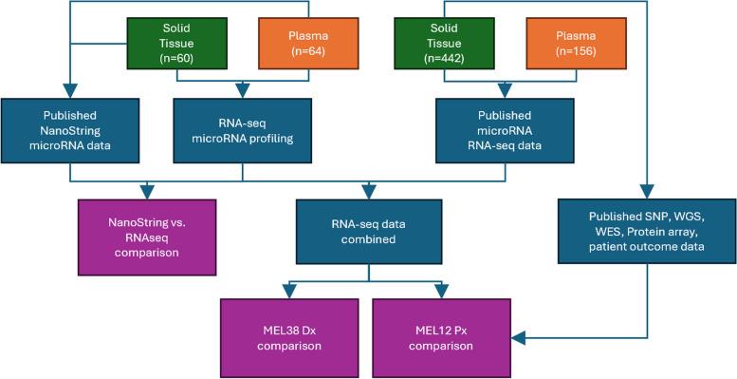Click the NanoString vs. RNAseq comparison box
(154, 227)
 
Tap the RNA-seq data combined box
(369, 227)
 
